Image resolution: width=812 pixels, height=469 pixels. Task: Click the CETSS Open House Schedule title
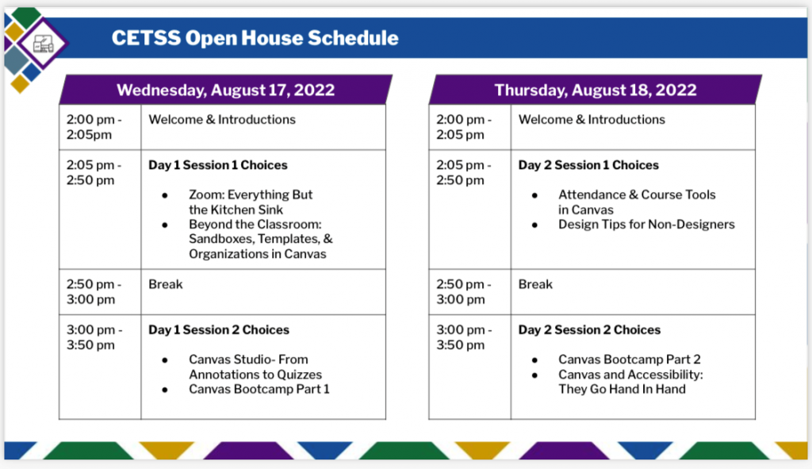[x=255, y=38]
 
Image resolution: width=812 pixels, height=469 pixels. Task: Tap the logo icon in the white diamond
[x=43, y=44]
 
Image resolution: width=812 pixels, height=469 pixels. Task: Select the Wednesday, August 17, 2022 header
[x=226, y=90]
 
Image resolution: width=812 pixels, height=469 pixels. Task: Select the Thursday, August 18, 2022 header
[x=596, y=90]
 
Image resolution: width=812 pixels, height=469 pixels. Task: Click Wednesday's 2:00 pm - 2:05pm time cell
[x=100, y=128]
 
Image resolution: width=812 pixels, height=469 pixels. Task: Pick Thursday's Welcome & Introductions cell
[x=633, y=128]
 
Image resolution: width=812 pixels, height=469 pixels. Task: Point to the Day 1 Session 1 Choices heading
[x=218, y=165]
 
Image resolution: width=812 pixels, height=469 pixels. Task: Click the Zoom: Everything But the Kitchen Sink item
[x=251, y=202]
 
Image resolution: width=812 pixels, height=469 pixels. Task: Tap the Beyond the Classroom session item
[x=260, y=239]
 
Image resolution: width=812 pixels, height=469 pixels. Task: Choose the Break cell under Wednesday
[x=263, y=292]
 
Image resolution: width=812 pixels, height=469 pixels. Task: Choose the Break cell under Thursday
[x=633, y=292]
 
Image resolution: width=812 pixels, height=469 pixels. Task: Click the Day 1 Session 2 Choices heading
[x=219, y=330]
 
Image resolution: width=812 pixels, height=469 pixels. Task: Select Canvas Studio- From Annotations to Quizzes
[x=255, y=367]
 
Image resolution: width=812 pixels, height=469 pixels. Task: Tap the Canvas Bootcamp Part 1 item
[x=259, y=389]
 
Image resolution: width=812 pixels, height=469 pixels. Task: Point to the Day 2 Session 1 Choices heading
[x=589, y=165]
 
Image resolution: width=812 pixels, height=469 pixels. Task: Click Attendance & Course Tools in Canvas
[x=637, y=202]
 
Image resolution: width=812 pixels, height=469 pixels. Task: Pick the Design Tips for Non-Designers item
[x=646, y=225]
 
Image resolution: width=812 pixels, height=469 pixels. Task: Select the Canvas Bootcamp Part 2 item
[x=629, y=359]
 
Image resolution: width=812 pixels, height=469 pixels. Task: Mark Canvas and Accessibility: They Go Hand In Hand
[x=630, y=382]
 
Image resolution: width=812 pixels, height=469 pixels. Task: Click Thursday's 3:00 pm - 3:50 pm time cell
[x=469, y=367]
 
